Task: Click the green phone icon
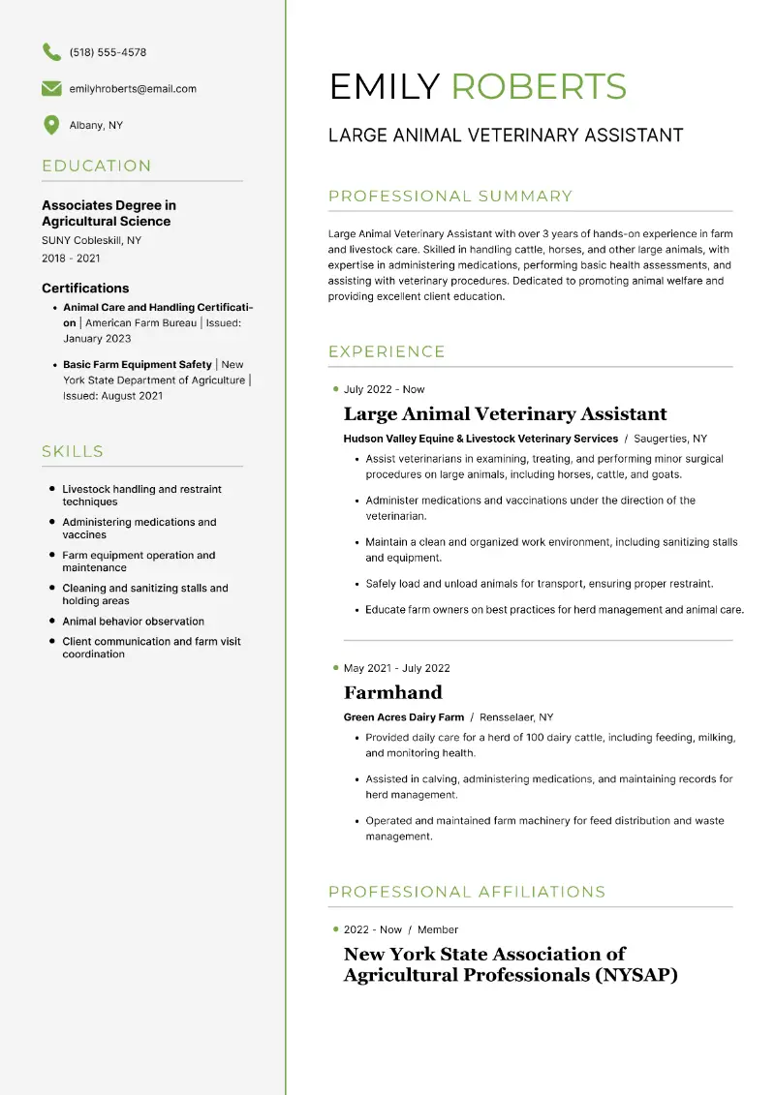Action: pyautogui.click(x=51, y=52)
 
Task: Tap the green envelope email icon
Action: pyautogui.click(x=51, y=89)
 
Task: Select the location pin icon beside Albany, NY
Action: pyautogui.click(x=51, y=125)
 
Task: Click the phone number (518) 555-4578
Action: pyautogui.click(x=108, y=52)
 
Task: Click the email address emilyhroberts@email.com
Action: pyautogui.click(x=133, y=89)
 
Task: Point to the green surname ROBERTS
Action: pyautogui.click(x=539, y=87)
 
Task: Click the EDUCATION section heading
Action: pyautogui.click(x=97, y=166)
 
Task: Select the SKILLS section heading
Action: pyautogui.click(x=73, y=451)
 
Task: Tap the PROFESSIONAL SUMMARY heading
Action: pyautogui.click(x=450, y=197)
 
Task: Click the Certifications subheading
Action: pyautogui.click(x=85, y=288)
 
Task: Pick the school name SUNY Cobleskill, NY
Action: pyautogui.click(x=91, y=240)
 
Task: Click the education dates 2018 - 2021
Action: pyautogui.click(x=71, y=259)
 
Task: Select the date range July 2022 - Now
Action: pyautogui.click(x=384, y=389)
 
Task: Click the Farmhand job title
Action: pyautogui.click(x=392, y=692)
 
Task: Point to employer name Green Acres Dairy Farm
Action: pyautogui.click(x=404, y=717)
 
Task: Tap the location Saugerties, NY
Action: pyautogui.click(x=670, y=439)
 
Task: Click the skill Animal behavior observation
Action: pyautogui.click(x=133, y=622)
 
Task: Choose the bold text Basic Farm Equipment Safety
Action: pyautogui.click(x=137, y=365)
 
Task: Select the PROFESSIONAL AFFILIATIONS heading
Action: pyautogui.click(x=467, y=892)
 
